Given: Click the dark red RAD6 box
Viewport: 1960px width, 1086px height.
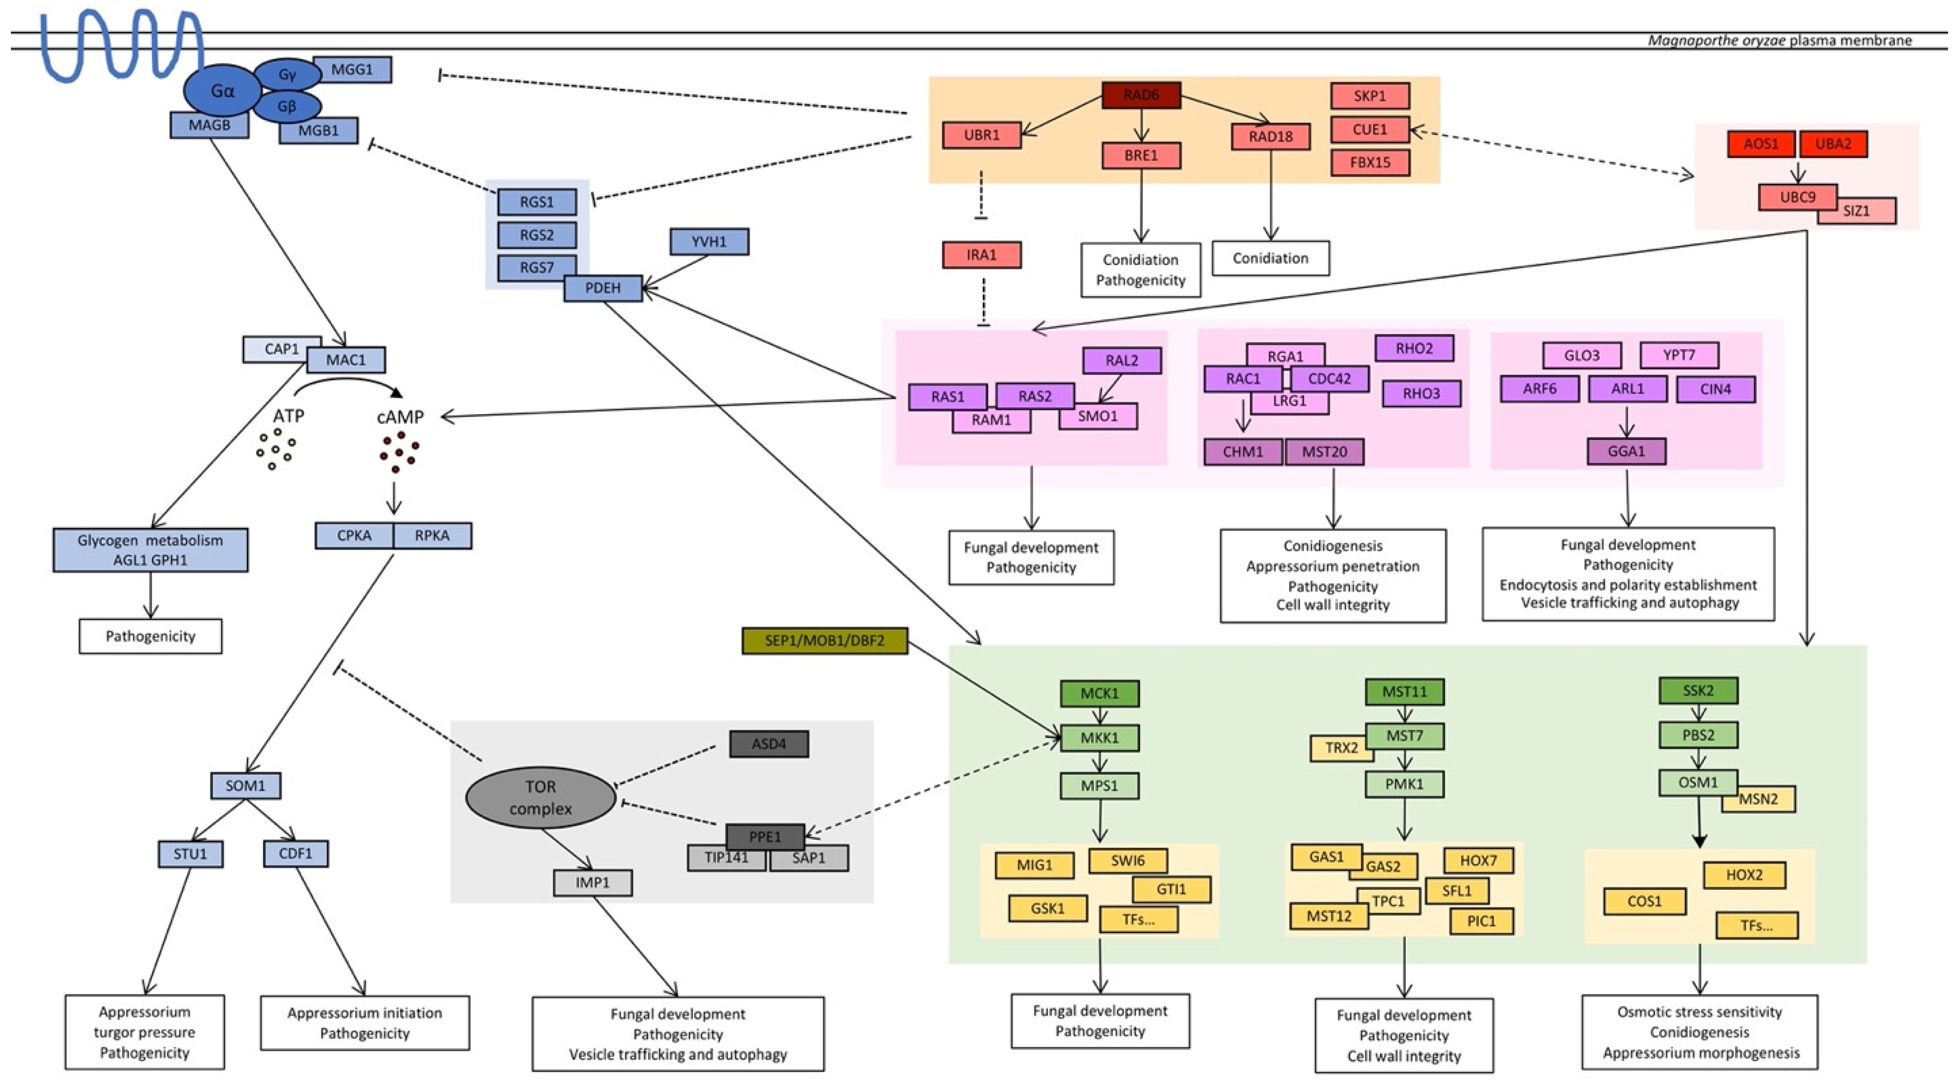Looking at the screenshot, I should (1141, 95).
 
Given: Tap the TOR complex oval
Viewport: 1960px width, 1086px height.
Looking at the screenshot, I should (540, 797).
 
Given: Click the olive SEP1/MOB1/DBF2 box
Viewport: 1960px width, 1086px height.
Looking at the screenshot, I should (824, 641).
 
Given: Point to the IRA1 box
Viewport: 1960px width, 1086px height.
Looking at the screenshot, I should (982, 255).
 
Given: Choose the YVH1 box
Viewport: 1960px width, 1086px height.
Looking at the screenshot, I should (708, 242).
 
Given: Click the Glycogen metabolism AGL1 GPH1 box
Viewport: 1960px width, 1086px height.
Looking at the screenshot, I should (150, 550).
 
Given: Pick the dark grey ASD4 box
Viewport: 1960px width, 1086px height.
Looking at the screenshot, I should (769, 743).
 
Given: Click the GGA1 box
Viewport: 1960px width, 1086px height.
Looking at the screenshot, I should (1626, 451).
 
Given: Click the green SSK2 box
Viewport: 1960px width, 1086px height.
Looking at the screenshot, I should (1697, 691).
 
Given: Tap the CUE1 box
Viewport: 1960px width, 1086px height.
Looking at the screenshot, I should (1370, 130).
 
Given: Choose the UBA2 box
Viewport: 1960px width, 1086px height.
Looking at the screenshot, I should (1833, 144).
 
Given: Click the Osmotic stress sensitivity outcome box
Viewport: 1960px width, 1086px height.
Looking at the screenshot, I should (1700, 1032).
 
